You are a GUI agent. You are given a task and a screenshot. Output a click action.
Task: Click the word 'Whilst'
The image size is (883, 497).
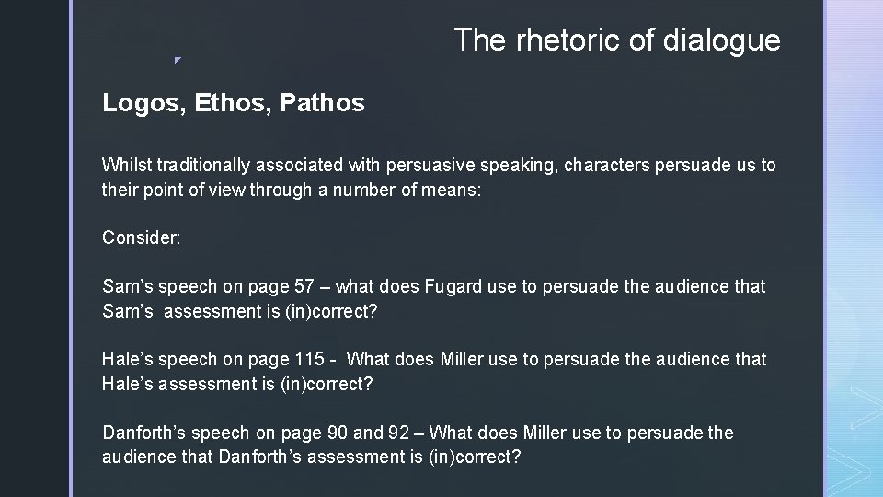[x=127, y=166]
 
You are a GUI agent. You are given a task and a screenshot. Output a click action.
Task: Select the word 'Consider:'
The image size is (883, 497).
[x=142, y=237]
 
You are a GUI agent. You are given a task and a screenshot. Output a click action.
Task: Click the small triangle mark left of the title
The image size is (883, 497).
[x=178, y=61]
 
